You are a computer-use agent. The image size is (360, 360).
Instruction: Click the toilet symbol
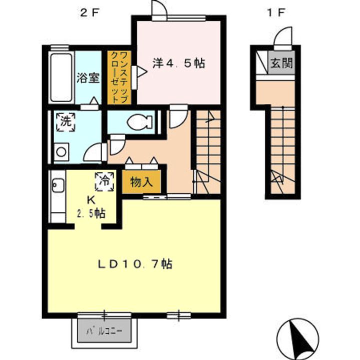139,122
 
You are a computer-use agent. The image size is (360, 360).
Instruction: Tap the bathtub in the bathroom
61,77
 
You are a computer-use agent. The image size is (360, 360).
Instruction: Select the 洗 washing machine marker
66,122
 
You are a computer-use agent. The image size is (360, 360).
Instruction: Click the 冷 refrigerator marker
104,181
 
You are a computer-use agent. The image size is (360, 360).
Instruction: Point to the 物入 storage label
141,182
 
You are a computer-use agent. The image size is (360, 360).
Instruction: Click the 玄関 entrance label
281,62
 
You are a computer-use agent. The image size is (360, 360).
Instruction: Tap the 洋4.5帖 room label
178,63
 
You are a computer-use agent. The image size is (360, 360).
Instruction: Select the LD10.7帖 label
135,264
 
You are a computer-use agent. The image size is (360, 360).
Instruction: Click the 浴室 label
88,77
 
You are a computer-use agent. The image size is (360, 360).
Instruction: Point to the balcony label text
104,331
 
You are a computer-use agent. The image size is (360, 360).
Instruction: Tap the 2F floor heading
89,13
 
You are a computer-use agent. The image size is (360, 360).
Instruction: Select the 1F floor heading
276,13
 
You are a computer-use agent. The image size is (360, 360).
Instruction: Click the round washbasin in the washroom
61,152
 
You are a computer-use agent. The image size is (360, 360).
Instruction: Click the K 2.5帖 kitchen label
91,207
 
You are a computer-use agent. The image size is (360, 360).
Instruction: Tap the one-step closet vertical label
119,77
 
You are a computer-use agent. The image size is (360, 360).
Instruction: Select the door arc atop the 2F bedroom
159,8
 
